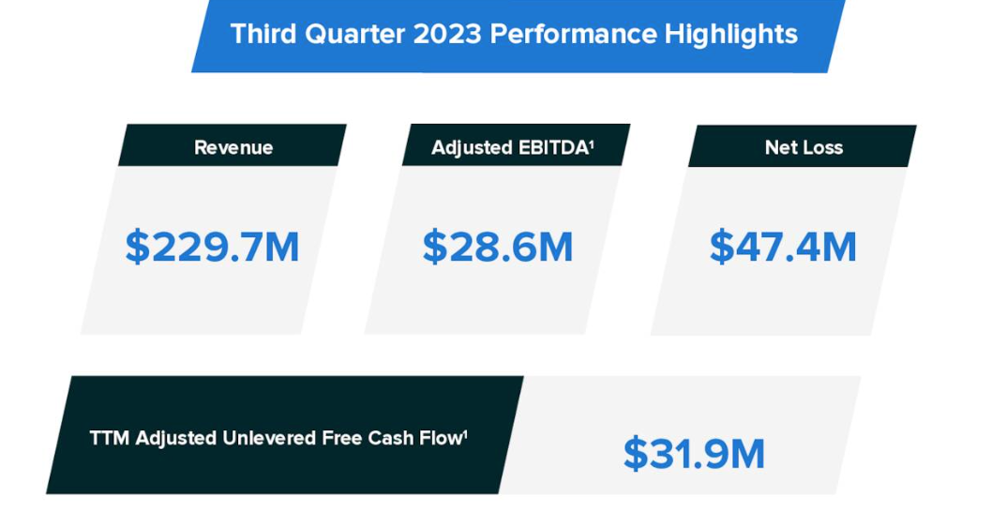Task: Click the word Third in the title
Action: click(x=262, y=35)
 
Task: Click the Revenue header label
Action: click(x=233, y=147)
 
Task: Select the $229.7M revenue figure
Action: click(x=213, y=247)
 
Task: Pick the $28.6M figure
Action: click(x=498, y=247)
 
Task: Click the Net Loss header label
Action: click(x=804, y=147)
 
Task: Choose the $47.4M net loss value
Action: click(x=783, y=247)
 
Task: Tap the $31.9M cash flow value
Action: click(x=695, y=454)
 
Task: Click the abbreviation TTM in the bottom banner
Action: click(x=110, y=438)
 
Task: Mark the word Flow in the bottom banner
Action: click(x=437, y=438)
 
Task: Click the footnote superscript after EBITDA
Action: click(x=592, y=143)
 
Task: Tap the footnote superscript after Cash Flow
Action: click(x=465, y=433)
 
